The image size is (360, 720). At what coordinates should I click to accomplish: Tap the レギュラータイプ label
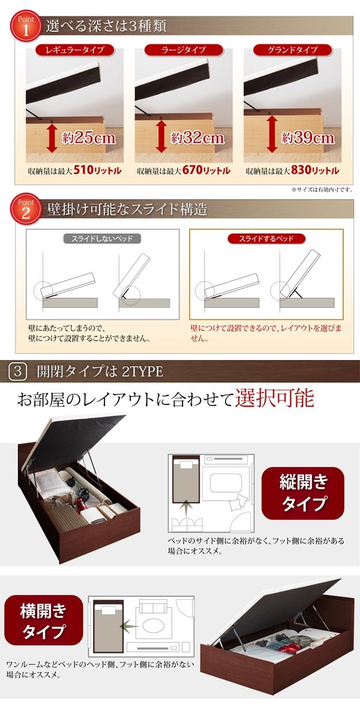74,50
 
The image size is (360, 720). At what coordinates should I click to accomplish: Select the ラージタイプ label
184,50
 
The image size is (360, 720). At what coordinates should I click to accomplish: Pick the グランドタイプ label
292,50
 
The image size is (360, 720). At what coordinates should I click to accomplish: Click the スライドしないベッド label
102,239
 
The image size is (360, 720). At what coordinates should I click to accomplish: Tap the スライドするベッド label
266,239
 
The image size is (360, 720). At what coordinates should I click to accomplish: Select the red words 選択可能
275,398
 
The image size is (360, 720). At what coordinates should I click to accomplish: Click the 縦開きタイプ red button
303,492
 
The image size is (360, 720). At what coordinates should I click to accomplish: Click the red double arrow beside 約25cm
52,139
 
